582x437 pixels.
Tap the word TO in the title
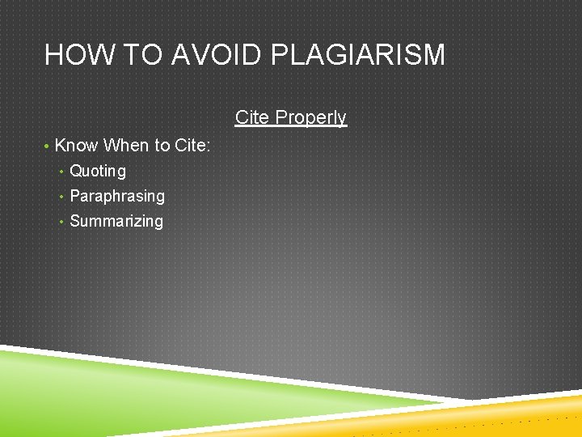coord(130,55)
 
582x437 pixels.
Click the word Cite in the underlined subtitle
coord(253,117)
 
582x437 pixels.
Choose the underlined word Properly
coord(311,117)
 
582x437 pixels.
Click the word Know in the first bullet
coord(76,146)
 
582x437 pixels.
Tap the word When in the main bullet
coord(126,146)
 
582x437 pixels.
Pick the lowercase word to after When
coord(162,146)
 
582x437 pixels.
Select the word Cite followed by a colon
coord(191,146)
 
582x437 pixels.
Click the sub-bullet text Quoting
coord(98,171)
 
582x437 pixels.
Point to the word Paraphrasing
coord(117,196)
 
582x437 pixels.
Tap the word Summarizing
coord(116,221)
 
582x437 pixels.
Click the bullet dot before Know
coord(48,146)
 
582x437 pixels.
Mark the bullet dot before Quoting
coord(62,172)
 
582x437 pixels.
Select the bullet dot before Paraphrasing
coord(62,197)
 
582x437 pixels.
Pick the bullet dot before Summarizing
coord(62,222)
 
